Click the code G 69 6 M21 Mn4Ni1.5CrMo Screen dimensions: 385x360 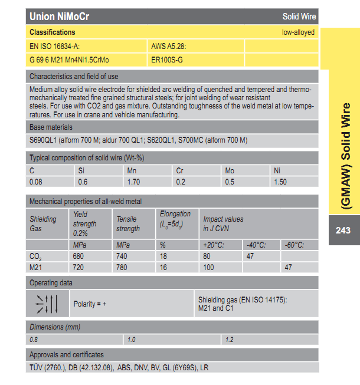click(x=69, y=60)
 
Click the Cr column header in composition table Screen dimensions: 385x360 click(x=179, y=171)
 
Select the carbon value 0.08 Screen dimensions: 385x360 click(x=36, y=182)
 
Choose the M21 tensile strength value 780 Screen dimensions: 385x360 click(x=123, y=268)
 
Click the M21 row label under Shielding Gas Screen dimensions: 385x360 click(x=35, y=268)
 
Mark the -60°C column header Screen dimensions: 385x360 click(x=295, y=245)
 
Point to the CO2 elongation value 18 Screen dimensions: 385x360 click(x=163, y=257)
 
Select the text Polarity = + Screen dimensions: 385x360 click(x=90, y=304)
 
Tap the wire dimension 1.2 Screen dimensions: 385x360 click(x=230, y=340)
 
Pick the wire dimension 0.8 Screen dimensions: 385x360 click(x=34, y=340)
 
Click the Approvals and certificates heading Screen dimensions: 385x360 click(x=67, y=354)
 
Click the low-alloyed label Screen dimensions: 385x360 click(x=298, y=32)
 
